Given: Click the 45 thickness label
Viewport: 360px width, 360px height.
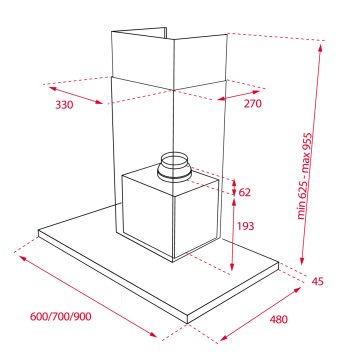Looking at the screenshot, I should coord(319,281).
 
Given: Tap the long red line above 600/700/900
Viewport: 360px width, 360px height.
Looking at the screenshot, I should coord(90,290).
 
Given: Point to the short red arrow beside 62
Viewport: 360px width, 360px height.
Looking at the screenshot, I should coord(233,185).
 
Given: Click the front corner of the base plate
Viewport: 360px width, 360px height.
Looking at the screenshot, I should coord(189,319).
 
